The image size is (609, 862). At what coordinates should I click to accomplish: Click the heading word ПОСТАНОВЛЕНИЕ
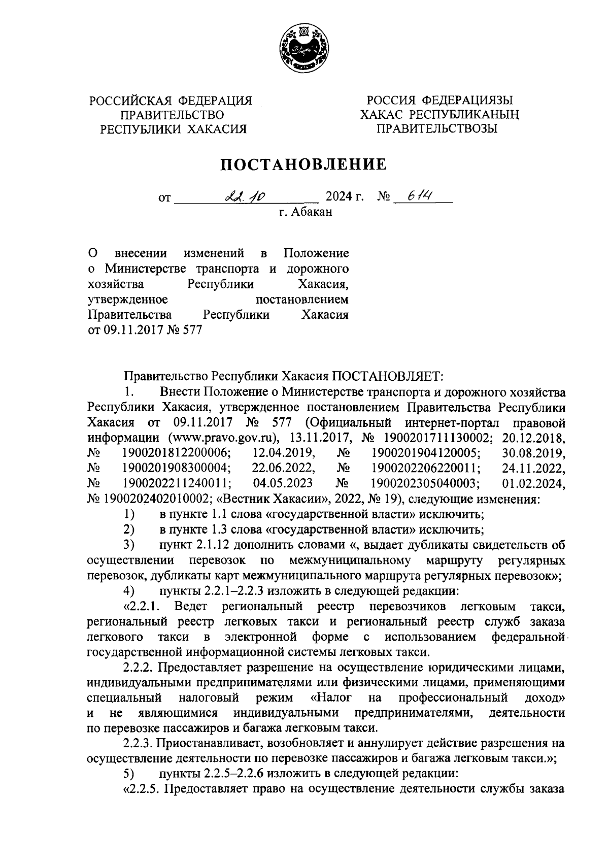coord(303,164)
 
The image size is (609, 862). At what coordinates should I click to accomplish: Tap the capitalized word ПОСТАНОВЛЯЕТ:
coord(388,376)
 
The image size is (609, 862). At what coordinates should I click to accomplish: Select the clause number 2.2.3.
coord(140,744)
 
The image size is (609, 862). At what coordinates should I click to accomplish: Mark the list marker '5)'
coord(129,774)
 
